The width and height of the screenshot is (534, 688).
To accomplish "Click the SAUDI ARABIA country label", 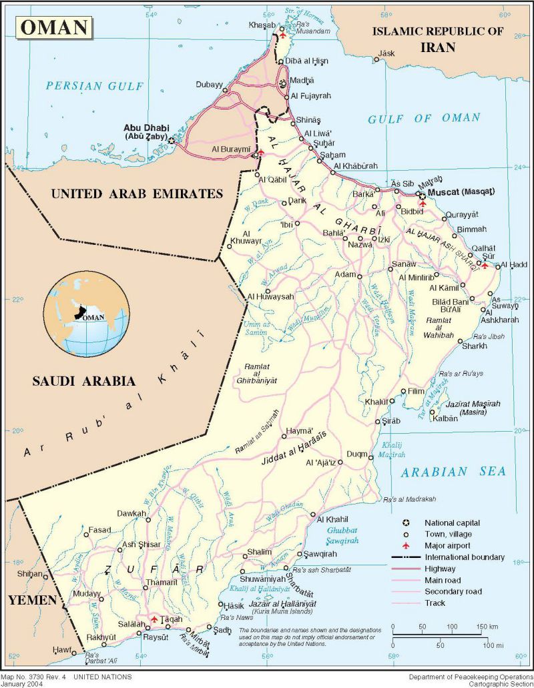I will tap(84, 381).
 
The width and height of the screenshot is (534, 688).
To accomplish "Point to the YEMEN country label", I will tap(31, 600).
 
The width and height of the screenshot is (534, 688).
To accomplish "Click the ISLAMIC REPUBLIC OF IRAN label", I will tap(438, 39).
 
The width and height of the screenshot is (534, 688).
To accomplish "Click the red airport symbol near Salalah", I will tap(154, 620).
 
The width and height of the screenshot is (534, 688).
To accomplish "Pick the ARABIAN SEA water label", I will tap(453, 472).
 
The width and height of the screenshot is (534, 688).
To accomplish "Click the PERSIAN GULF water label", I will tap(95, 85).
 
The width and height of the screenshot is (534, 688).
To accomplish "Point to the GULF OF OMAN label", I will tap(424, 118).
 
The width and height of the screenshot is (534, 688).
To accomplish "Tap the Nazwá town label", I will tap(355, 245).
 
